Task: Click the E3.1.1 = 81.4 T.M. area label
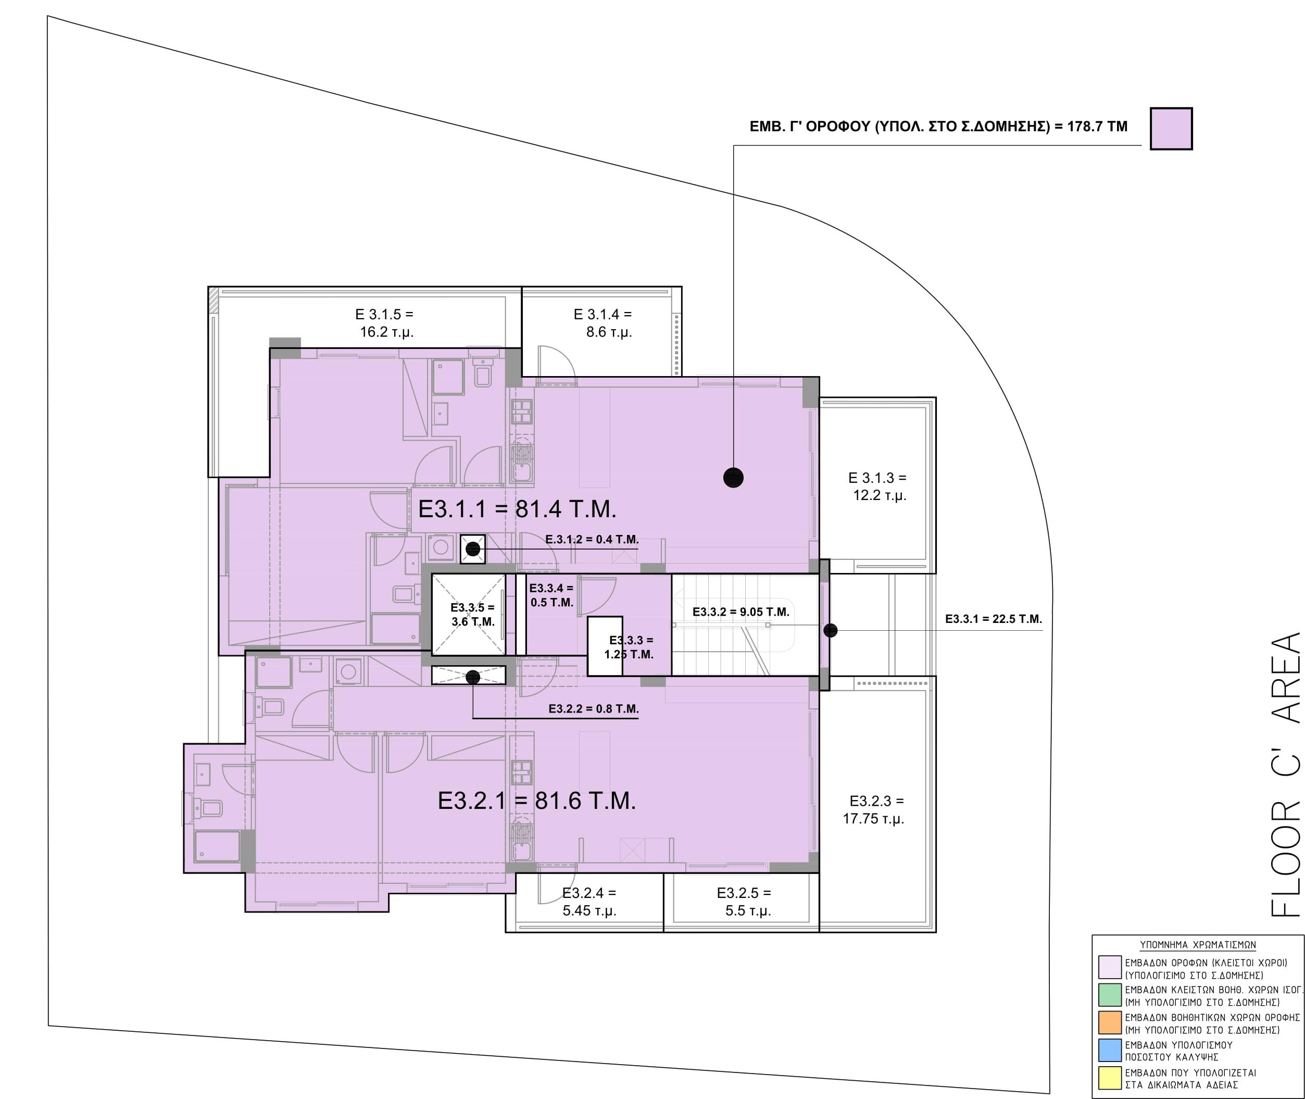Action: point(517,509)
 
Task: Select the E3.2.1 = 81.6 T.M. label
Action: point(537,801)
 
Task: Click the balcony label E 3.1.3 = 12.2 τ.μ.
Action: point(879,486)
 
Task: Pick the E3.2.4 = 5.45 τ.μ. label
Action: point(589,902)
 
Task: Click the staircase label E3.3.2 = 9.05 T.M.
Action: point(741,613)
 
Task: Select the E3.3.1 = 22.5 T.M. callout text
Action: point(994,619)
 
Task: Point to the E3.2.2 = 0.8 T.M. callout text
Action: point(594,708)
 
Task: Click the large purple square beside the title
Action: point(1171,128)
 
